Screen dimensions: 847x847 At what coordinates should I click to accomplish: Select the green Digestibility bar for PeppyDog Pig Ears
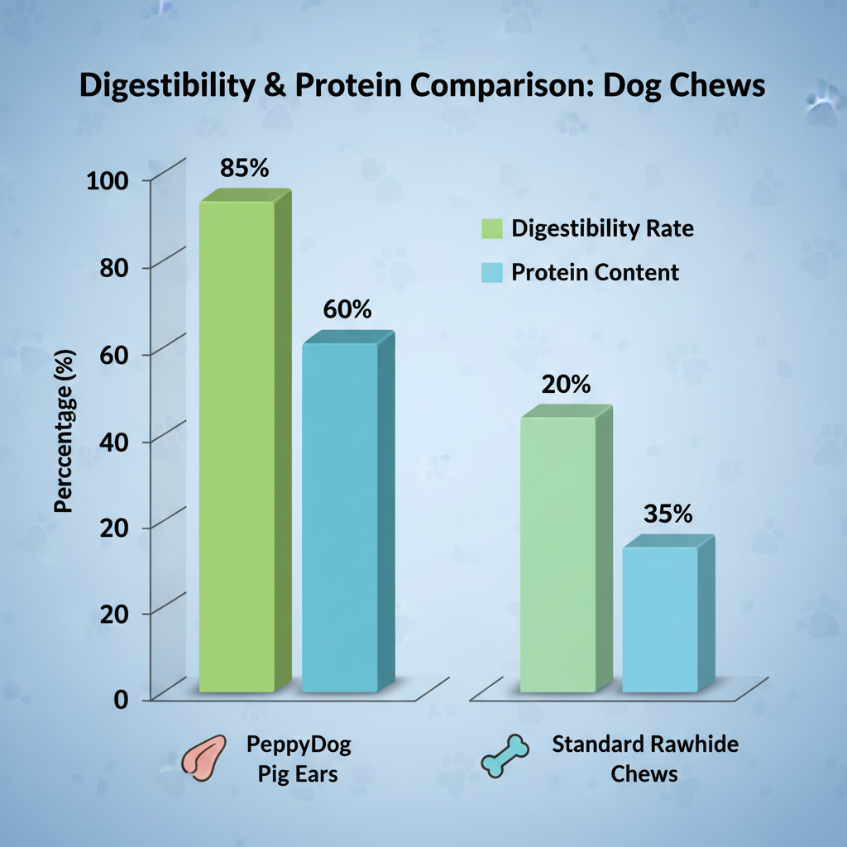pyautogui.click(x=237, y=447)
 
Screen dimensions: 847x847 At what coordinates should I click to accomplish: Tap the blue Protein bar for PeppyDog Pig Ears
pyautogui.click(x=340, y=517)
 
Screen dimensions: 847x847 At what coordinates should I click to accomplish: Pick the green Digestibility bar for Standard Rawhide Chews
pyautogui.click(x=557, y=554)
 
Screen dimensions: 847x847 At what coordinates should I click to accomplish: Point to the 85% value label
pyautogui.click(x=245, y=168)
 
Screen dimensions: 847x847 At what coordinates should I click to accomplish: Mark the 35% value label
pyautogui.click(x=668, y=514)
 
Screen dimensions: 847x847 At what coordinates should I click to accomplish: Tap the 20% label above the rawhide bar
pyautogui.click(x=566, y=385)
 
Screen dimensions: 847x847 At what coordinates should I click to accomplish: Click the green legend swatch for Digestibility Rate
pyautogui.click(x=491, y=229)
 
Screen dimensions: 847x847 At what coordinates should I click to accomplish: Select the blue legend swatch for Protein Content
pyautogui.click(x=491, y=272)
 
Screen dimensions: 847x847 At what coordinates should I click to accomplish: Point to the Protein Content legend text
pyautogui.click(x=595, y=272)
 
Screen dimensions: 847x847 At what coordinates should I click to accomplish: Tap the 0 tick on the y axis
pyautogui.click(x=122, y=699)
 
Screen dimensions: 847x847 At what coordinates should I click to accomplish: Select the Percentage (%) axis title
pyautogui.click(x=65, y=432)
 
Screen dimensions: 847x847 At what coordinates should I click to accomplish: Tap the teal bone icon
pyautogui.click(x=505, y=757)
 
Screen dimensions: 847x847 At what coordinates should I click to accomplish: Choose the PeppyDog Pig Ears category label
pyautogui.click(x=299, y=758)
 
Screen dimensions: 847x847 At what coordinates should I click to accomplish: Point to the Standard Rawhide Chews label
pyautogui.click(x=644, y=758)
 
